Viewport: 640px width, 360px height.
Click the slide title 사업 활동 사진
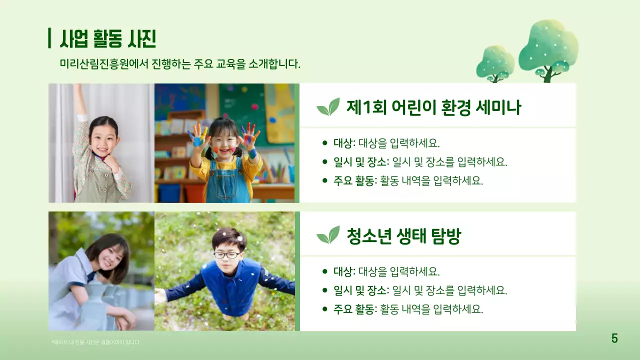108,38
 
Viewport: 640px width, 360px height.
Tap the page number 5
614,338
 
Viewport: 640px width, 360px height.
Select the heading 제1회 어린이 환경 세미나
433,107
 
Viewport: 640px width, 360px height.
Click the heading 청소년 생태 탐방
403,236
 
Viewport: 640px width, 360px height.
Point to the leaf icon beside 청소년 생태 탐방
328,235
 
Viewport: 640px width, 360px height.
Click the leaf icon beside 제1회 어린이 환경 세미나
328,107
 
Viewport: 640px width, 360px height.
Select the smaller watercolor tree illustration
495,62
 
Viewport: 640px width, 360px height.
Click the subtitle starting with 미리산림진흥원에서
180,64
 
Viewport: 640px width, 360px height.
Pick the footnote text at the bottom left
95,342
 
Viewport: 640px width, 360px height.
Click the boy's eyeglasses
226,255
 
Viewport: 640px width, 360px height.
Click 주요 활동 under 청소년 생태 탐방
354,309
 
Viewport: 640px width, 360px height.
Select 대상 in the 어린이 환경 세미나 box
343,143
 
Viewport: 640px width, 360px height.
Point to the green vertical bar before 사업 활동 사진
49,38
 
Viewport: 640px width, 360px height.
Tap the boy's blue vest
230,287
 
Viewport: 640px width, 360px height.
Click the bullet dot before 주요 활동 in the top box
325,181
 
